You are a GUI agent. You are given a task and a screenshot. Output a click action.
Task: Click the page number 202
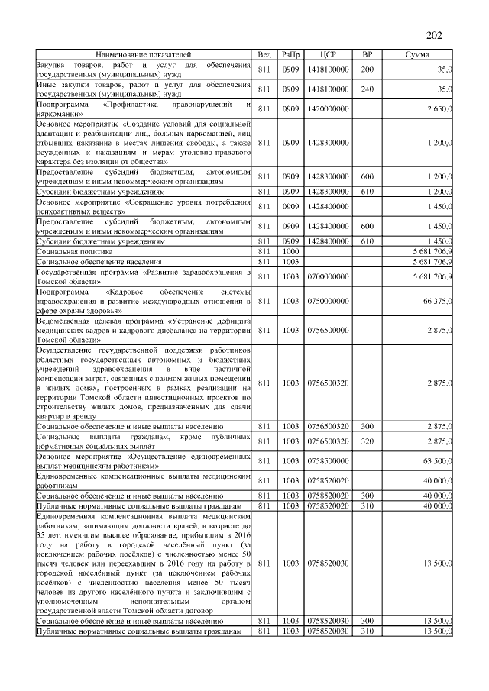pyautogui.click(x=434, y=36)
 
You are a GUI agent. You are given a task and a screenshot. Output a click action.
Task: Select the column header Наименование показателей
pyautogui.click(x=144, y=55)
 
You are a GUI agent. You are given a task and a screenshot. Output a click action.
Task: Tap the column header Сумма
pyautogui.click(x=417, y=55)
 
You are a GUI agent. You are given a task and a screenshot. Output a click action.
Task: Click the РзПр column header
pyautogui.click(x=290, y=55)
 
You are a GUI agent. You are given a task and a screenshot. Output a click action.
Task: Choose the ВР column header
pyautogui.click(x=367, y=55)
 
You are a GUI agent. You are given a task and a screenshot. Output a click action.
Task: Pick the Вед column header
pyautogui.click(x=264, y=55)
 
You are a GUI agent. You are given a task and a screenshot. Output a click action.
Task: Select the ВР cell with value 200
pyautogui.click(x=367, y=69)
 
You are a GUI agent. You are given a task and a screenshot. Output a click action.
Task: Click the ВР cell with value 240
pyautogui.click(x=367, y=89)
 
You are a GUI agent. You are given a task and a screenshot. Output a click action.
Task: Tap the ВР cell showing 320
pyautogui.click(x=367, y=441)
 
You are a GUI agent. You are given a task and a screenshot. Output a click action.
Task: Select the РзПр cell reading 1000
pyautogui.click(x=290, y=250)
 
